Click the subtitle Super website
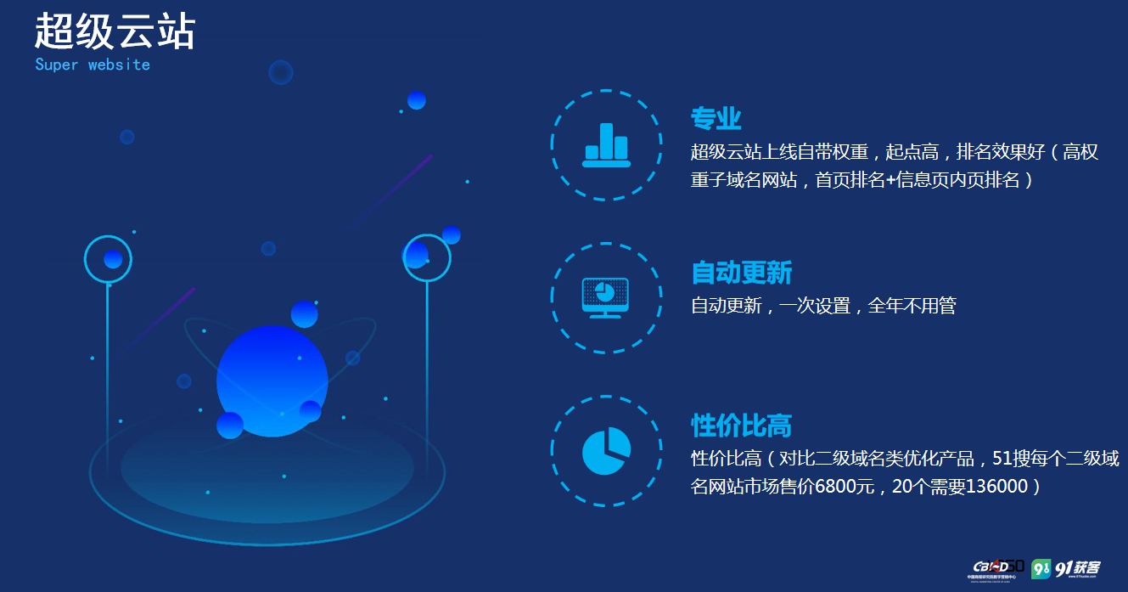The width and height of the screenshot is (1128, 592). pyautogui.click(x=93, y=65)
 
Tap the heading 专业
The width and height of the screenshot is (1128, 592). pyautogui.click(x=716, y=119)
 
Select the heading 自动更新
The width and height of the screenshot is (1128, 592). pyautogui.click(x=741, y=273)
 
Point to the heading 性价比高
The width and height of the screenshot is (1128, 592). pyautogui.click(x=741, y=426)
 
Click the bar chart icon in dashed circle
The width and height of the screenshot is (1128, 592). pyautogui.click(x=606, y=145)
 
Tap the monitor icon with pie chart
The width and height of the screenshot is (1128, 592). pyautogui.click(x=605, y=297)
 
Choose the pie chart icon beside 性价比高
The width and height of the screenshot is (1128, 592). pyautogui.click(x=606, y=451)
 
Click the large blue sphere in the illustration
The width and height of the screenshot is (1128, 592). pyautogui.click(x=272, y=380)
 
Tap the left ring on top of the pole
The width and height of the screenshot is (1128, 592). pyautogui.click(x=109, y=258)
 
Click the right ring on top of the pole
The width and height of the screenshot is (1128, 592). pyautogui.click(x=426, y=257)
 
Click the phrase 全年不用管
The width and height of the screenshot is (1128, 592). pyautogui.click(x=912, y=306)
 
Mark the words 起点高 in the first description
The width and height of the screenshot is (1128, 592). pyautogui.click(x=912, y=153)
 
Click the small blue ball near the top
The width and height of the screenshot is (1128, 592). pyautogui.click(x=416, y=100)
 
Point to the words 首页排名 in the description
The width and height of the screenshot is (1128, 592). pyautogui.click(x=850, y=180)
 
